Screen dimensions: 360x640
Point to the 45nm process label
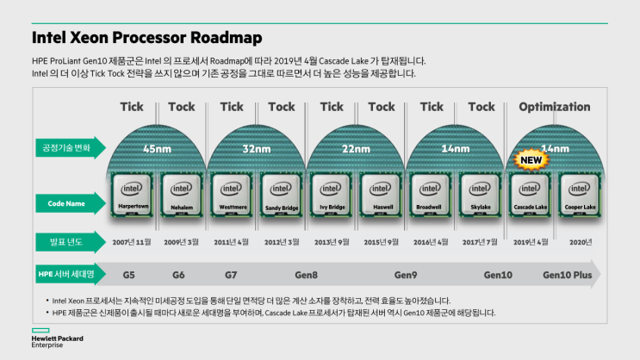click(156, 147)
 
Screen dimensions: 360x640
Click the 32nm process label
click(256, 147)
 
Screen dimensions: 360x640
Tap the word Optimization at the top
click(555, 107)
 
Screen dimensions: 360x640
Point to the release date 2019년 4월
click(531, 243)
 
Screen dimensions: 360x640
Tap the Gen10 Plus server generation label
click(569, 275)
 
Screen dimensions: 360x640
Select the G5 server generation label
click(129, 275)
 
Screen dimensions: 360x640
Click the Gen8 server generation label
click(306, 275)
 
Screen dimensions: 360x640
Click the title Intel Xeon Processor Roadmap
click(147, 38)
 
